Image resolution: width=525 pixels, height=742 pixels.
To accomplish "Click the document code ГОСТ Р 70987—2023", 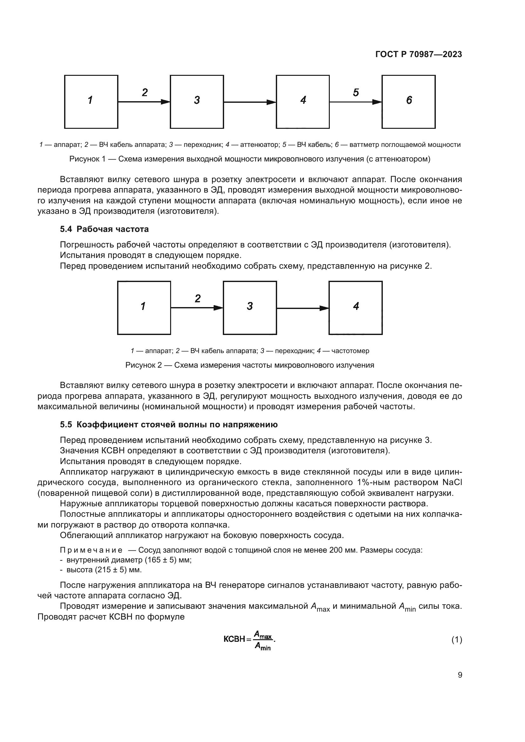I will click(419, 54).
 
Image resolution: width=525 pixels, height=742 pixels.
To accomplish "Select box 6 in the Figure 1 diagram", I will click(408, 102).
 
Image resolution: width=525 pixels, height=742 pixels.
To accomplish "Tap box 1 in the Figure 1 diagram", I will click(91, 102).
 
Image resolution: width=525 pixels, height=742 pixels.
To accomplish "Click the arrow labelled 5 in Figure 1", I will click(355, 102).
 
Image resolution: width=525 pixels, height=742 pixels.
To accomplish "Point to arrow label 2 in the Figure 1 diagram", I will click(145, 92).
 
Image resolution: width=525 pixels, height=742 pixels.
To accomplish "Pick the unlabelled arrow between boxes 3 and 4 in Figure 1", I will click(249, 102).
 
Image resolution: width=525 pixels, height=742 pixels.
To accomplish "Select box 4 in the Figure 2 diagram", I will click(355, 308).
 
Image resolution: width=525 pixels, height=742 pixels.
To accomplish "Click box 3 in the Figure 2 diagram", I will click(249, 308).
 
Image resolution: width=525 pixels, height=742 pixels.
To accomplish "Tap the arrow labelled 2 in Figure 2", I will click(196, 308).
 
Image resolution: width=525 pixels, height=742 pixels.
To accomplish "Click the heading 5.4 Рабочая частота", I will click(104, 229).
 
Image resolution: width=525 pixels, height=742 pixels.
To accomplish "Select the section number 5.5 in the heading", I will click(66, 425).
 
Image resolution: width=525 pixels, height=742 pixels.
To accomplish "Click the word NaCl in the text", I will click(452, 483).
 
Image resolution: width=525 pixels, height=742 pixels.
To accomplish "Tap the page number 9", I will click(460, 675).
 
